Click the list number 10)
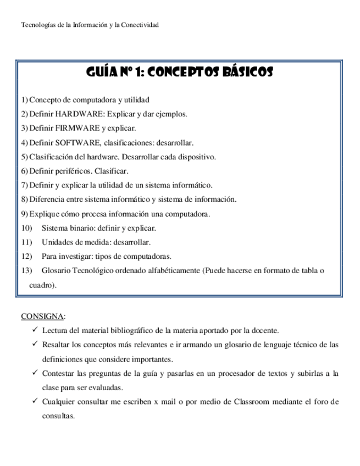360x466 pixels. tap(27, 228)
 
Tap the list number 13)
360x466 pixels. tap(27, 271)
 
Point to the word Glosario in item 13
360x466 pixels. tap(54, 271)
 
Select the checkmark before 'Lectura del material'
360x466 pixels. tap(34, 330)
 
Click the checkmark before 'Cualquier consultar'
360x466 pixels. tap(34, 401)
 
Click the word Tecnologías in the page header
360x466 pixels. tap(37, 25)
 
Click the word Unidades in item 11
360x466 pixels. tap(55, 242)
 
